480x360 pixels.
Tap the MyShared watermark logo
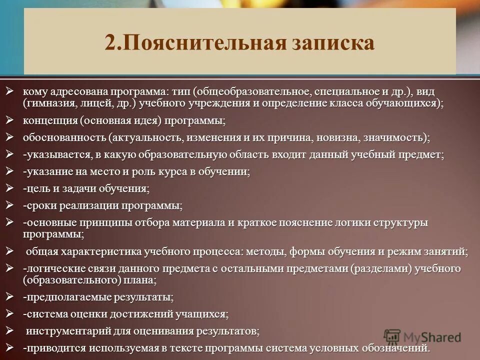pyautogui.click(x=422, y=336)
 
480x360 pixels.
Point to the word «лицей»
pyautogui.click(x=94, y=104)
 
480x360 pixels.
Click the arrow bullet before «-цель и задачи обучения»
pyautogui.click(x=9, y=188)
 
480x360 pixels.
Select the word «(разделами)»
pyautogui.click(x=381, y=268)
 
